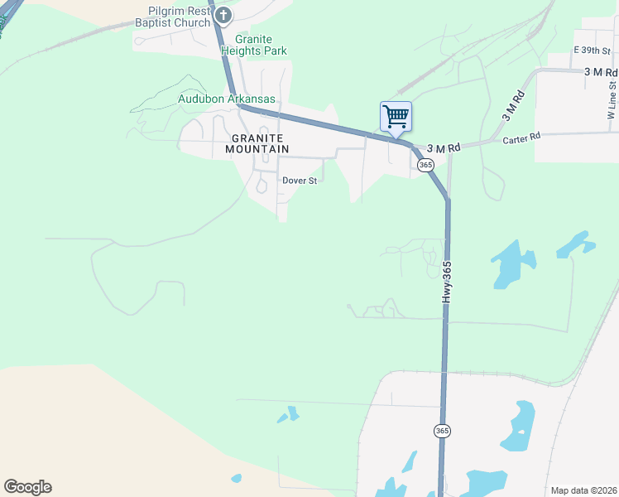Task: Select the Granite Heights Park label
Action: pyautogui.click(x=254, y=45)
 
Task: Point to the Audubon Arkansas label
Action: pyautogui.click(x=227, y=99)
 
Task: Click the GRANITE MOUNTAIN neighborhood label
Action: pyautogui.click(x=257, y=143)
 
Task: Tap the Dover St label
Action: pyautogui.click(x=300, y=181)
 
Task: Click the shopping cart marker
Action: pyautogui.click(x=396, y=117)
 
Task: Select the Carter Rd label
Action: pyautogui.click(x=521, y=138)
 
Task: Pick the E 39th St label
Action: pyautogui.click(x=592, y=51)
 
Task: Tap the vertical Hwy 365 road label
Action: pyautogui.click(x=447, y=282)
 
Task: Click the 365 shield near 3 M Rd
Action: pyautogui.click(x=425, y=165)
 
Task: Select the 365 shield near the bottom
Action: pyautogui.click(x=443, y=431)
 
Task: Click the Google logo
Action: pyautogui.click(x=27, y=487)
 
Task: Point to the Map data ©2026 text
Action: pyautogui.click(x=583, y=490)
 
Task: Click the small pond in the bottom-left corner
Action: pyautogui.click(x=237, y=478)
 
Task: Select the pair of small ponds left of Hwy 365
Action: pyautogui.click(x=288, y=413)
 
